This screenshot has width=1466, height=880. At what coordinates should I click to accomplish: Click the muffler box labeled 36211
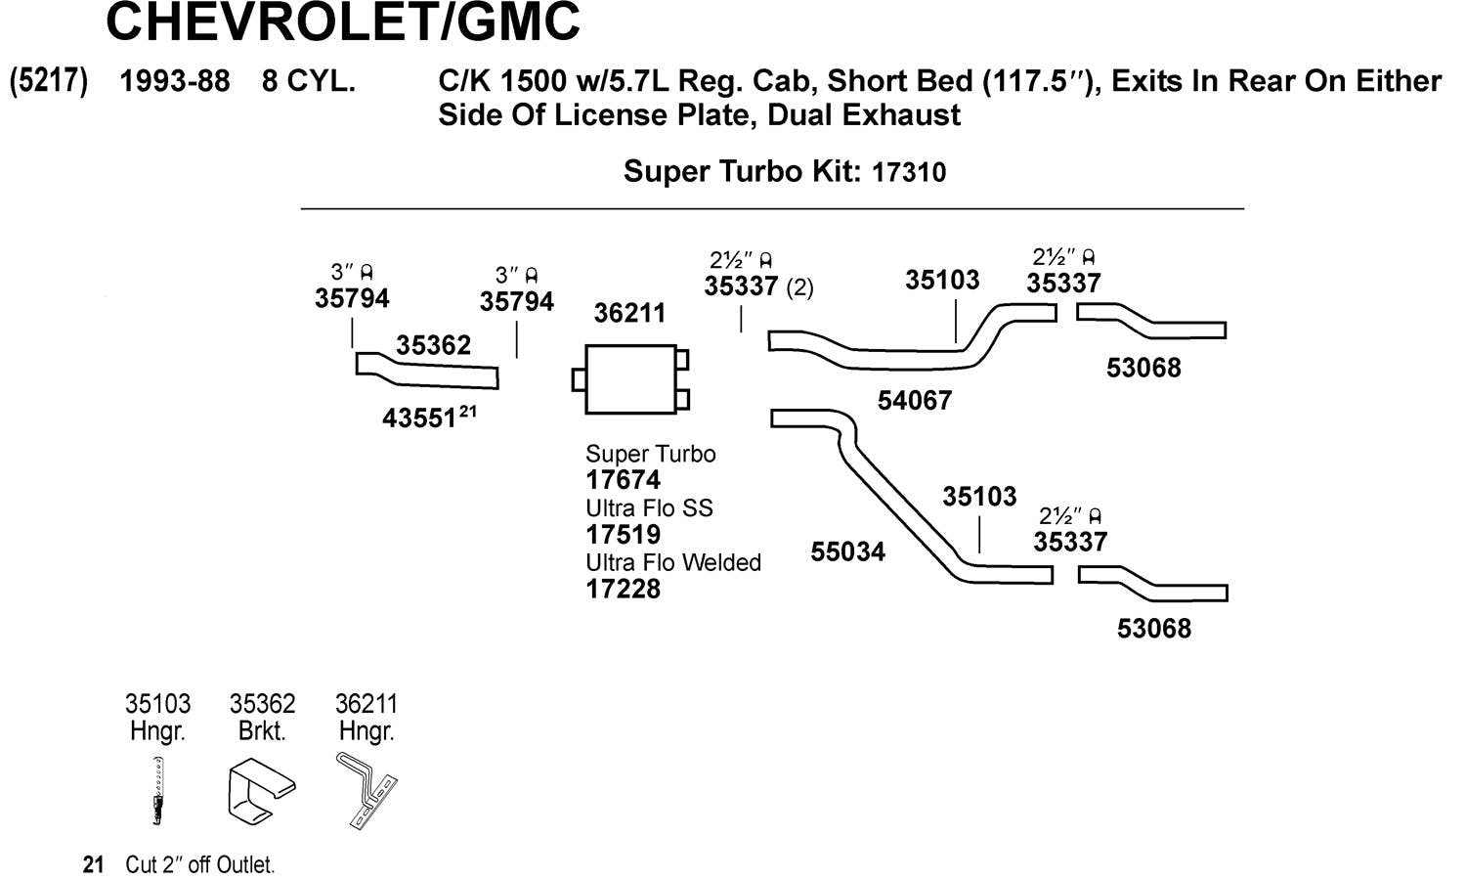coord(631,379)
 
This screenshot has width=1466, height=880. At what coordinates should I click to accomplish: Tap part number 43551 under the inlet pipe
coord(419,418)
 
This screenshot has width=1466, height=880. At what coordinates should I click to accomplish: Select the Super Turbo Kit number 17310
coord(909,172)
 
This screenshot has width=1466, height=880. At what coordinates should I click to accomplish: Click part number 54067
coord(914,400)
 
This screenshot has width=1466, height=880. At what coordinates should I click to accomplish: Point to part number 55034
coord(847,552)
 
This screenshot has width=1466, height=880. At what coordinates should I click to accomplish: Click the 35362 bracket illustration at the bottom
coord(262,792)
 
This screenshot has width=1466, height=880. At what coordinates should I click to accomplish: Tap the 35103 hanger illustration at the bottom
coord(157,791)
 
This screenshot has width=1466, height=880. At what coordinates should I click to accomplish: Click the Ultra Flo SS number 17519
coord(624,535)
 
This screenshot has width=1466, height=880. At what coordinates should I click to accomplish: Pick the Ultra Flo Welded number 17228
coord(624,590)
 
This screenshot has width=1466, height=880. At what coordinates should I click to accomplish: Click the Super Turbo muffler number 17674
coord(624,481)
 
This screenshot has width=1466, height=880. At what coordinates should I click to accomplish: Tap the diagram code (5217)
coord(49,81)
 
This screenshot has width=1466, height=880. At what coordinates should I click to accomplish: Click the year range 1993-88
coord(175,81)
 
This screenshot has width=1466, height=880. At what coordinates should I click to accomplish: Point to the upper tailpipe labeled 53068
coord(1151,321)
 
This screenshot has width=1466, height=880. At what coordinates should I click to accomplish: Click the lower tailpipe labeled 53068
coord(1153,584)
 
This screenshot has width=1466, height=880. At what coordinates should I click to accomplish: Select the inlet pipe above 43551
coord(427,371)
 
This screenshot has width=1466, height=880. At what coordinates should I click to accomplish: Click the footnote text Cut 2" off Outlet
coord(199,865)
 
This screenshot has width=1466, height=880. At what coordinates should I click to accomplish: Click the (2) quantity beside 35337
coord(799,287)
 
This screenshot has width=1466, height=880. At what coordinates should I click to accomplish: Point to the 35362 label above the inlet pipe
coord(433,345)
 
